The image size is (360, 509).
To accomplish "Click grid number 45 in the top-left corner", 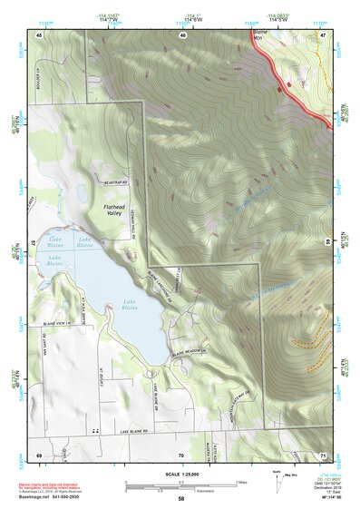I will (39, 34).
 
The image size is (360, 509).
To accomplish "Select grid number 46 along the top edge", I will (182, 34).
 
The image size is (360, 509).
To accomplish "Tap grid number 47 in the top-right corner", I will (323, 34).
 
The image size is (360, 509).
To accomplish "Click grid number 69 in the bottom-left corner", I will (39, 453).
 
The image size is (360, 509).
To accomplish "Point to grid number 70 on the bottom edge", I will (181, 453).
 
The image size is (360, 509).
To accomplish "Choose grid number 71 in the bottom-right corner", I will (323, 453).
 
